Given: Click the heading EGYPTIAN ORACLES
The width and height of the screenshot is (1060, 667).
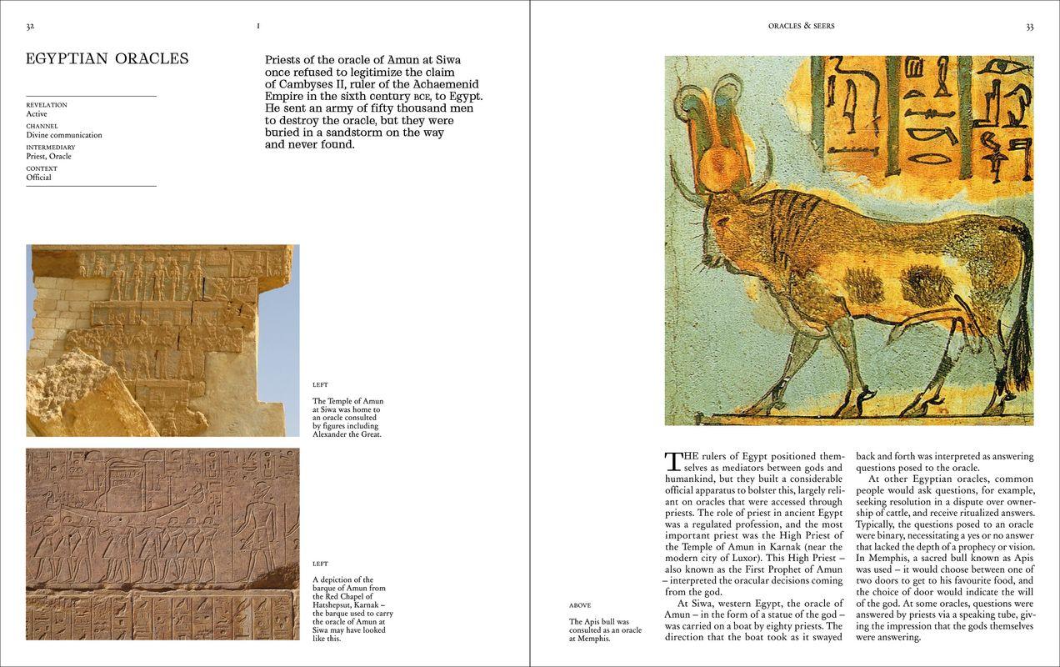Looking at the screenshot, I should coord(107,58).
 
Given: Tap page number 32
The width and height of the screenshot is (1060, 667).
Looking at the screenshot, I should coord(30,27).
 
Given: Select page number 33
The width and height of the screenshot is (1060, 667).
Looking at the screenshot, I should coord(1029,27).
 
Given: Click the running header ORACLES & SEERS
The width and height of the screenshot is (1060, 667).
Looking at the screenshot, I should coord(801,27).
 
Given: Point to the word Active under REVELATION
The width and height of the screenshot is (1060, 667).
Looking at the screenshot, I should coord(37,114).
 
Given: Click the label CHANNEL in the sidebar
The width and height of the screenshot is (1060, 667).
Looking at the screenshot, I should coord(42,127).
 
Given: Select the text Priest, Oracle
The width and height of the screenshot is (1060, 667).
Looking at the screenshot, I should coord(49,156).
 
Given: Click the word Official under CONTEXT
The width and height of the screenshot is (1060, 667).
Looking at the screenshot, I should coord(39,178).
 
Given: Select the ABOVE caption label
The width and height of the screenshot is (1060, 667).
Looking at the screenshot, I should coord(580,605).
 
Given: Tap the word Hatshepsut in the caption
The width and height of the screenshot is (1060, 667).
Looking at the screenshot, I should coord(336,605).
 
